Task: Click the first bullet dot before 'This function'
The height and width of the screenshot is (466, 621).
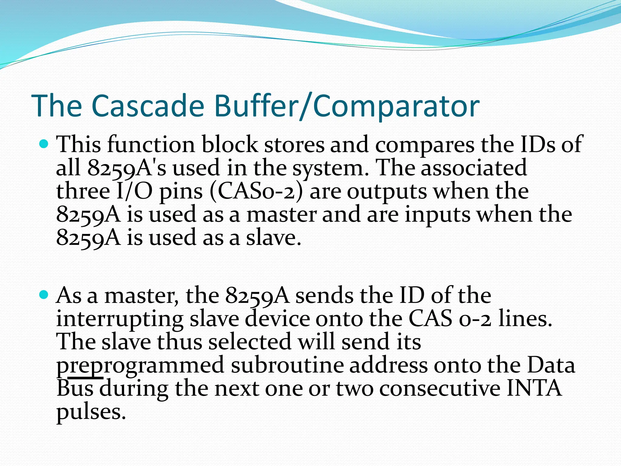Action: point(44,144)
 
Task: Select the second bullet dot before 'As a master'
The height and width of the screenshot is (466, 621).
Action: point(44,294)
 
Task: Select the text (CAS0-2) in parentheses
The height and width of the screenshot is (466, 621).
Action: point(256,192)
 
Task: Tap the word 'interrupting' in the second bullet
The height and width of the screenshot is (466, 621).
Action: point(120,319)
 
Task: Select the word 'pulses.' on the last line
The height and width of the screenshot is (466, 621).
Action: point(91,413)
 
